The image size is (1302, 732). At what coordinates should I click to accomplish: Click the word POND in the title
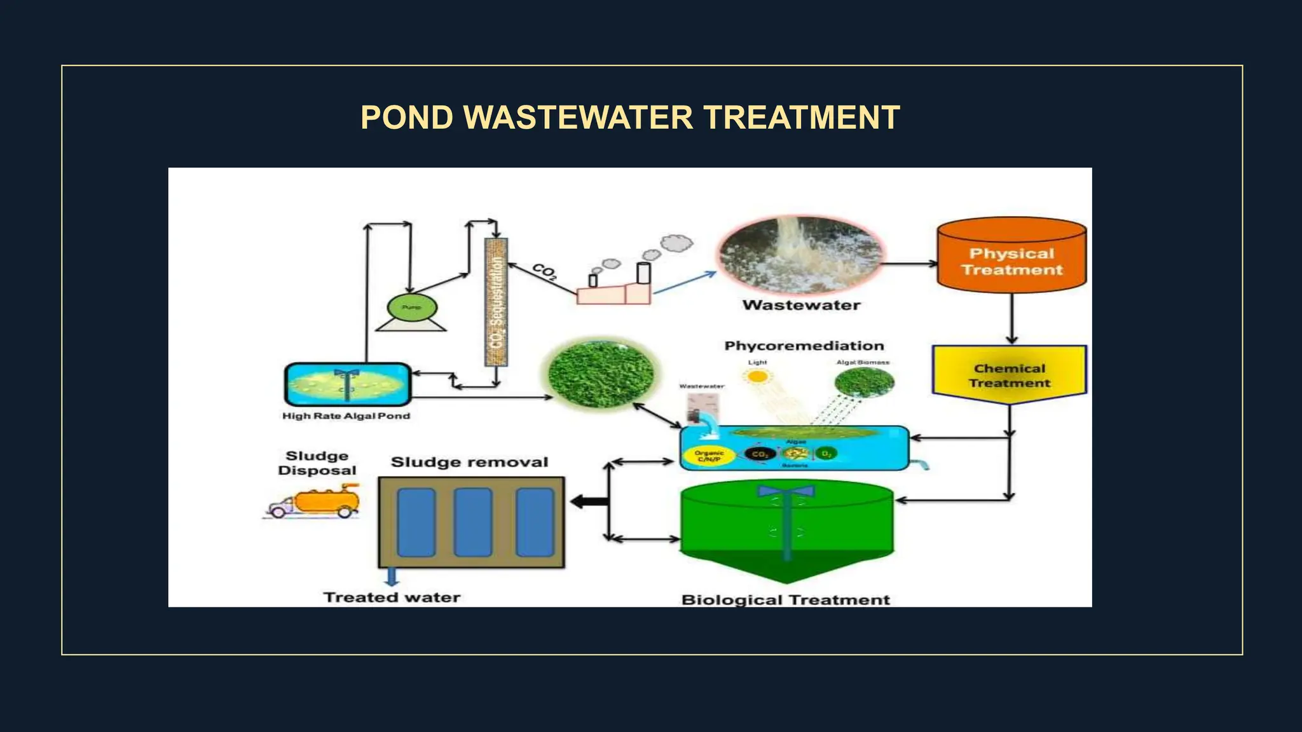tap(407, 118)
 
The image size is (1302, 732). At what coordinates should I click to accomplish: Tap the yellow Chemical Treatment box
tap(1009, 375)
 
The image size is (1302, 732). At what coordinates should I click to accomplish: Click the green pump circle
tap(411, 308)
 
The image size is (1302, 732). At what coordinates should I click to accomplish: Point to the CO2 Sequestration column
tap(496, 302)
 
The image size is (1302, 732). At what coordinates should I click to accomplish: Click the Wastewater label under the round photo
tap(801, 306)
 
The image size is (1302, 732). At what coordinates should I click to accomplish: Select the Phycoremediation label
tap(804, 346)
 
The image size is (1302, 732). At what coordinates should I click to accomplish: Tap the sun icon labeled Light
tap(757, 377)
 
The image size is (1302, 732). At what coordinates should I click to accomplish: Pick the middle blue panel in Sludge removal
tap(472, 522)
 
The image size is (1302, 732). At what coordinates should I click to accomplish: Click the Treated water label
tap(392, 598)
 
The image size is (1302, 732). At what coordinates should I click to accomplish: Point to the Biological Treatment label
tap(785, 600)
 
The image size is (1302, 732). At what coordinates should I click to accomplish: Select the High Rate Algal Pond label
tap(346, 416)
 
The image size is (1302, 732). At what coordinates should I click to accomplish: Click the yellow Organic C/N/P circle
tap(708, 456)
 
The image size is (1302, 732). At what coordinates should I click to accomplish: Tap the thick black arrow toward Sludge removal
tap(589, 502)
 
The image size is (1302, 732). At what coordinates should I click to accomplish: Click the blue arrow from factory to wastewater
tap(685, 283)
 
